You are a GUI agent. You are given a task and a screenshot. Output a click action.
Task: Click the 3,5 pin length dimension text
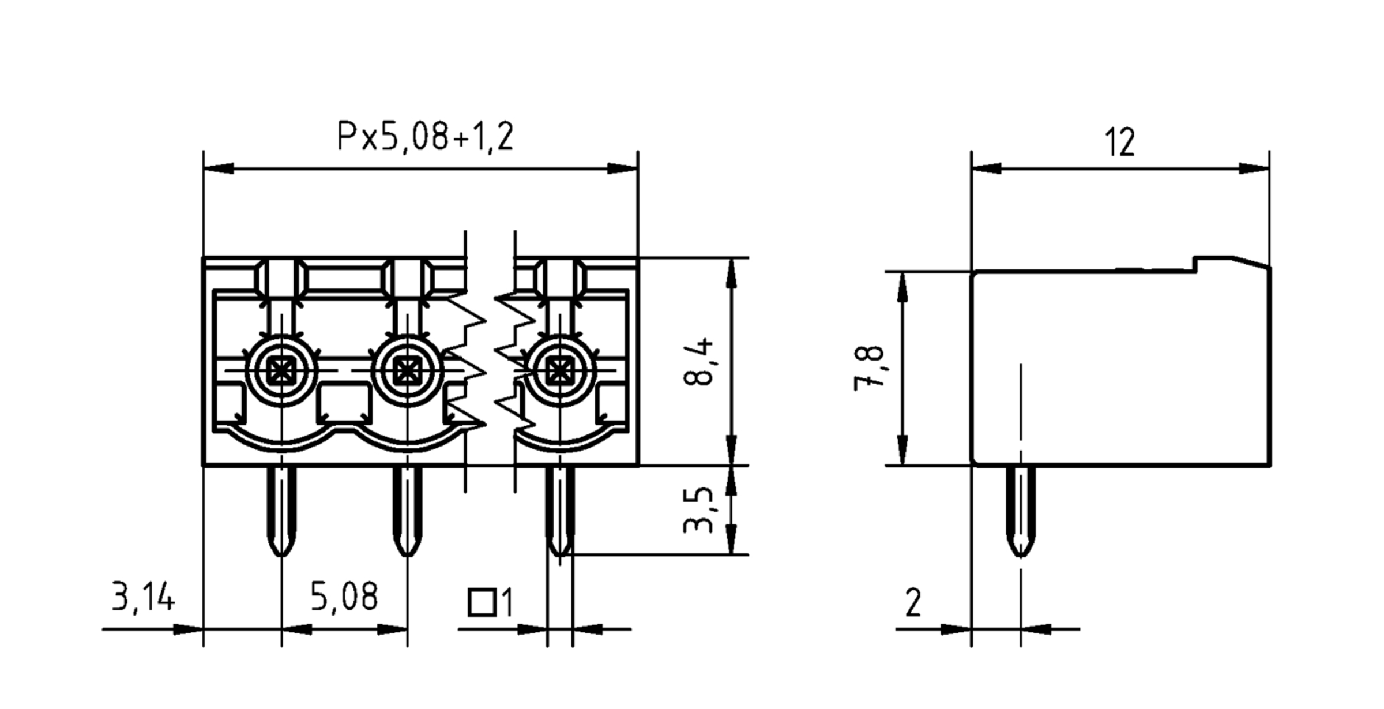click(x=698, y=510)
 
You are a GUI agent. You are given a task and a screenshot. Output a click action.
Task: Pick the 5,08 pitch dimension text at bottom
click(x=344, y=597)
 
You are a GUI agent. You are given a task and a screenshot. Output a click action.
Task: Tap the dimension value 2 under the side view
click(x=913, y=603)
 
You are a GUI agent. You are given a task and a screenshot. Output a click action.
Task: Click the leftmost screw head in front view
click(x=281, y=370)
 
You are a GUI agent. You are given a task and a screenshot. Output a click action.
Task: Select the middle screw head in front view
click(x=407, y=370)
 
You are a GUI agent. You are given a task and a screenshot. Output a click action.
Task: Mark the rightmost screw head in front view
click(x=560, y=370)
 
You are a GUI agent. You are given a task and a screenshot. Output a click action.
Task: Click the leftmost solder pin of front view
click(x=281, y=511)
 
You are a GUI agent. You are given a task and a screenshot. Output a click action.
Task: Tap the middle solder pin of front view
click(x=407, y=511)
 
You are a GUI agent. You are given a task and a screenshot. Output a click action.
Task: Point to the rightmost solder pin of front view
click(x=560, y=511)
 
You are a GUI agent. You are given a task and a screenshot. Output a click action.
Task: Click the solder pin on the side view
click(x=1021, y=511)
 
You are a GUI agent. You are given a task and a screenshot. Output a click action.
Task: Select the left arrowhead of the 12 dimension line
click(x=985, y=169)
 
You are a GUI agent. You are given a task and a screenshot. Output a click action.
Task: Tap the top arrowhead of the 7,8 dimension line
click(x=903, y=286)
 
